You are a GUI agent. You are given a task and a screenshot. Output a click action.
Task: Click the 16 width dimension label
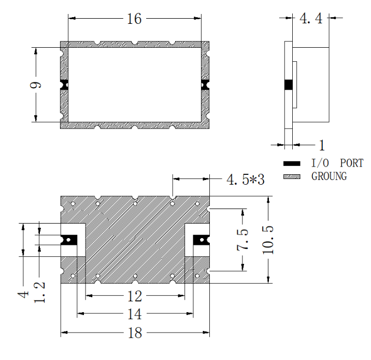point(134,19)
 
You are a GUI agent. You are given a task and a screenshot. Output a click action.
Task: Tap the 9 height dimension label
point(35,85)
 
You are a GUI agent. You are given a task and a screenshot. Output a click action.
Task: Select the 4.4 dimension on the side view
point(311,18)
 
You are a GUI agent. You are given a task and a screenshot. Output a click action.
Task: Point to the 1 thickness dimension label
point(322,145)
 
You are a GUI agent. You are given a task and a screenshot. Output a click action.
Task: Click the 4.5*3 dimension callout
point(246,179)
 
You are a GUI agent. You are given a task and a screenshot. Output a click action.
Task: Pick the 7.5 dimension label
point(243,240)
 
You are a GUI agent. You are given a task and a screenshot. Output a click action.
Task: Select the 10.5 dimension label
point(268,240)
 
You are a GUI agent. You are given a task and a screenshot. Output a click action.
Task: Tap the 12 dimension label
point(135,296)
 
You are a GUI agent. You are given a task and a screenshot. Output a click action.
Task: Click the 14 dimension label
point(135,314)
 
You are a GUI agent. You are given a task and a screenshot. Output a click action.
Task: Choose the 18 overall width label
point(135,333)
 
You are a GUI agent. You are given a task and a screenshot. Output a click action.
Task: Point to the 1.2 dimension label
point(39,293)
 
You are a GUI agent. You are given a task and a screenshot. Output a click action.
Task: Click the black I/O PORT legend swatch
point(292,163)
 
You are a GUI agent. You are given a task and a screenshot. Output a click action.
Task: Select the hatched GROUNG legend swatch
point(292,176)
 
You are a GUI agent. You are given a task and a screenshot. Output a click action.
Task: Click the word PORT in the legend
point(352,163)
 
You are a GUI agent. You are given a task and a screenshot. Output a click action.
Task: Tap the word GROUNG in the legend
point(329,176)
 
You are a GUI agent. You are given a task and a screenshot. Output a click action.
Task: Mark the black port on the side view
point(289,85)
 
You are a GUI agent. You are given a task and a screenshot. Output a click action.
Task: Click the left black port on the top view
point(64,85)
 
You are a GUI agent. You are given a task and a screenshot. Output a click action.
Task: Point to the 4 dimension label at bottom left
point(23,295)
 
